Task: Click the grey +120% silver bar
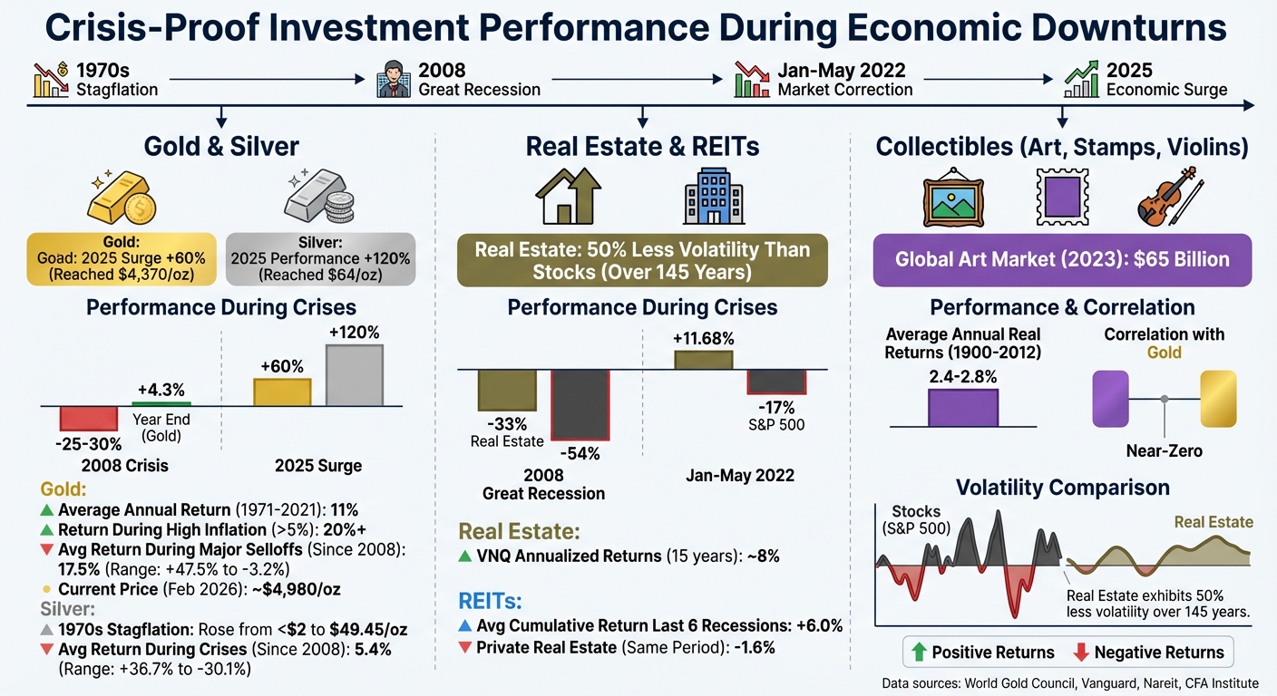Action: point(354,375)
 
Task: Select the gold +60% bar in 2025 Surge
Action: point(282,391)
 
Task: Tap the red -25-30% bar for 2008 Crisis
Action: point(89,418)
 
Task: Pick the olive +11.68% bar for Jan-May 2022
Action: point(703,359)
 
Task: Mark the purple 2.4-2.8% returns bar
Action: point(962,408)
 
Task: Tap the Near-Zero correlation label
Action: point(1164,450)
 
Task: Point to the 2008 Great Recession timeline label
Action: point(479,80)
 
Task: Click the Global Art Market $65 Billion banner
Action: point(1061,259)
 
